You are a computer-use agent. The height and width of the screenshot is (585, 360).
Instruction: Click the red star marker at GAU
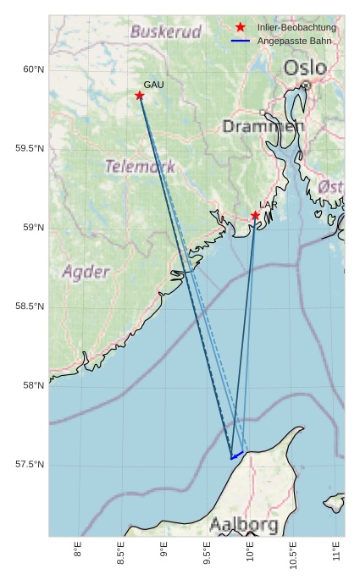(140, 96)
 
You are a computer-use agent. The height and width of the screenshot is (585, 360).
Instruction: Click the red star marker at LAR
(255, 216)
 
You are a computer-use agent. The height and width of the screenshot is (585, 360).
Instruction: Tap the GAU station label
(153, 85)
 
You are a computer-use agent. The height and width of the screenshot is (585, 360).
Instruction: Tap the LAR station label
(269, 205)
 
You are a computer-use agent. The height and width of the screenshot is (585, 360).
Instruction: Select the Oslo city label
(304, 68)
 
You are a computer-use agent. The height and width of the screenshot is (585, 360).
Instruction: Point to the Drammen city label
(263, 126)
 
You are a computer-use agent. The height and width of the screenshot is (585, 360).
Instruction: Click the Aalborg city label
(244, 525)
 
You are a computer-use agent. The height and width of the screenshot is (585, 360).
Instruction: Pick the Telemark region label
(140, 166)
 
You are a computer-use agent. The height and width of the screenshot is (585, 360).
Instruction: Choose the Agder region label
(86, 272)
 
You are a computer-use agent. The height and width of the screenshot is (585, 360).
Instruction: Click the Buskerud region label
(166, 32)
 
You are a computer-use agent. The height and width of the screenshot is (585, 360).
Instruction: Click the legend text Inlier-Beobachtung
(296, 28)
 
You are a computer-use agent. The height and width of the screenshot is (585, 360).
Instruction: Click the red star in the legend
(241, 28)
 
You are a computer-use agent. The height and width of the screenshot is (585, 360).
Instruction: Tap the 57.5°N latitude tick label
(30, 465)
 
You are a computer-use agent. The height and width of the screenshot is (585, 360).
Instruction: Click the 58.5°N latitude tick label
(30, 306)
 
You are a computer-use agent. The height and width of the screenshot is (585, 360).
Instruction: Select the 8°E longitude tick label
(78, 550)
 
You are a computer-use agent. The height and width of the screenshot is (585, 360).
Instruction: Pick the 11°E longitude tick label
(338, 552)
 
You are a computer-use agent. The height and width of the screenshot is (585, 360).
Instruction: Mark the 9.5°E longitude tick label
(208, 554)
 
